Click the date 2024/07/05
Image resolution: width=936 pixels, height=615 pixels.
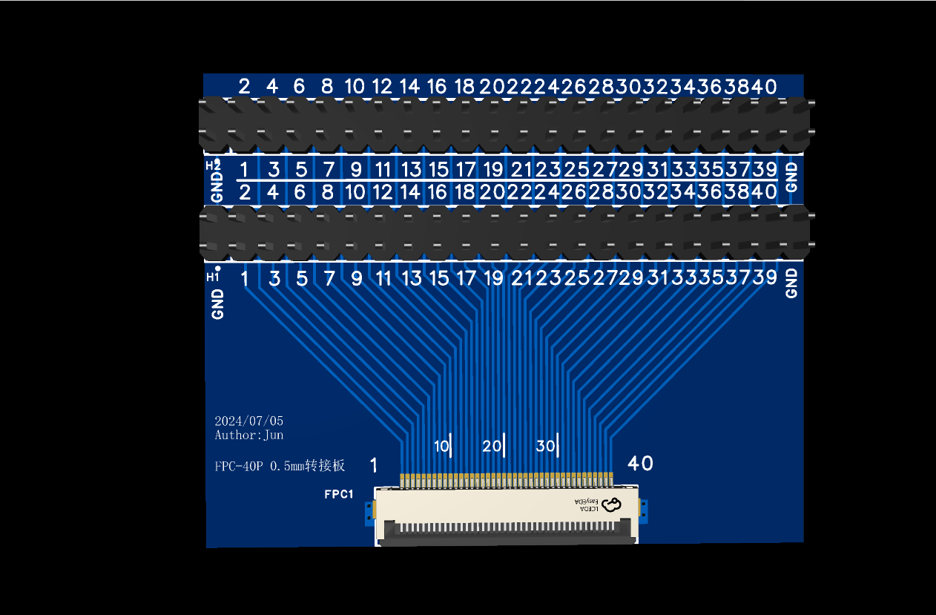(x=248, y=421)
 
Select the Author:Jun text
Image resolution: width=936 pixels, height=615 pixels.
(x=249, y=435)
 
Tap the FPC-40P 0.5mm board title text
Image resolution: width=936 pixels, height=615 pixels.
(x=280, y=467)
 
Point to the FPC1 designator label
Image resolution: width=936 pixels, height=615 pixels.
(x=339, y=494)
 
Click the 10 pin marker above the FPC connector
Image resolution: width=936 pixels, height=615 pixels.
(x=442, y=447)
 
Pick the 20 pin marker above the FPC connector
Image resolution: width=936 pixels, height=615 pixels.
(x=492, y=447)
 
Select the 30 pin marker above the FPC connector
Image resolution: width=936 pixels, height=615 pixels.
(x=546, y=447)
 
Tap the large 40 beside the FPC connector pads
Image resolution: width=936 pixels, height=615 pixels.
(x=640, y=464)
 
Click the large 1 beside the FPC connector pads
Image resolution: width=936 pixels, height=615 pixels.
(x=374, y=465)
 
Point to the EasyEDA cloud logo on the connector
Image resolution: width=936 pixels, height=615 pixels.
(x=611, y=505)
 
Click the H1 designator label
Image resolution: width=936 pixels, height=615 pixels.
(x=213, y=277)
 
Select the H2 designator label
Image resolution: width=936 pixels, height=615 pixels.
(x=213, y=165)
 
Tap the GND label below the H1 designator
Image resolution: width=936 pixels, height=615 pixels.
(x=217, y=304)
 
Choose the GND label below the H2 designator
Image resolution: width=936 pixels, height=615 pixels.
(x=217, y=187)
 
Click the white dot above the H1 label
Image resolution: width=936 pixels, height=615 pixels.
(x=218, y=268)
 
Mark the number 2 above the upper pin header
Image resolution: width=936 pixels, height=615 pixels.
(x=244, y=87)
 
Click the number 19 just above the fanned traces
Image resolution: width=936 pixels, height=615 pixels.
(x=493, y=279)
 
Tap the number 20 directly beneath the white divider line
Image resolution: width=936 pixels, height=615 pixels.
(x=493, y=192)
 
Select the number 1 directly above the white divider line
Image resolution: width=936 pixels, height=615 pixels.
(x=244, y=170)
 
